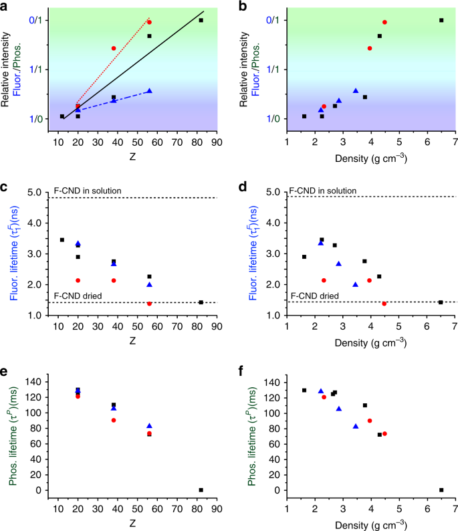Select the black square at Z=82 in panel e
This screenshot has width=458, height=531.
201,490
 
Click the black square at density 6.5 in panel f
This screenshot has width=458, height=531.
441,490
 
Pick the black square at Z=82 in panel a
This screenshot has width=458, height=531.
201,20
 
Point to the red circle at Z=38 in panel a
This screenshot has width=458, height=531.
114,48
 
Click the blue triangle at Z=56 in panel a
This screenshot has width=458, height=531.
149,91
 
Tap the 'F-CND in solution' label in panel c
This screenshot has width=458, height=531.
88,191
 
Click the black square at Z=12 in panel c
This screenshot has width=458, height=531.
62,239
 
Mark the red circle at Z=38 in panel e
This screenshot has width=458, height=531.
114,420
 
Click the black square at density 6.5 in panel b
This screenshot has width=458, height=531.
441,20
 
